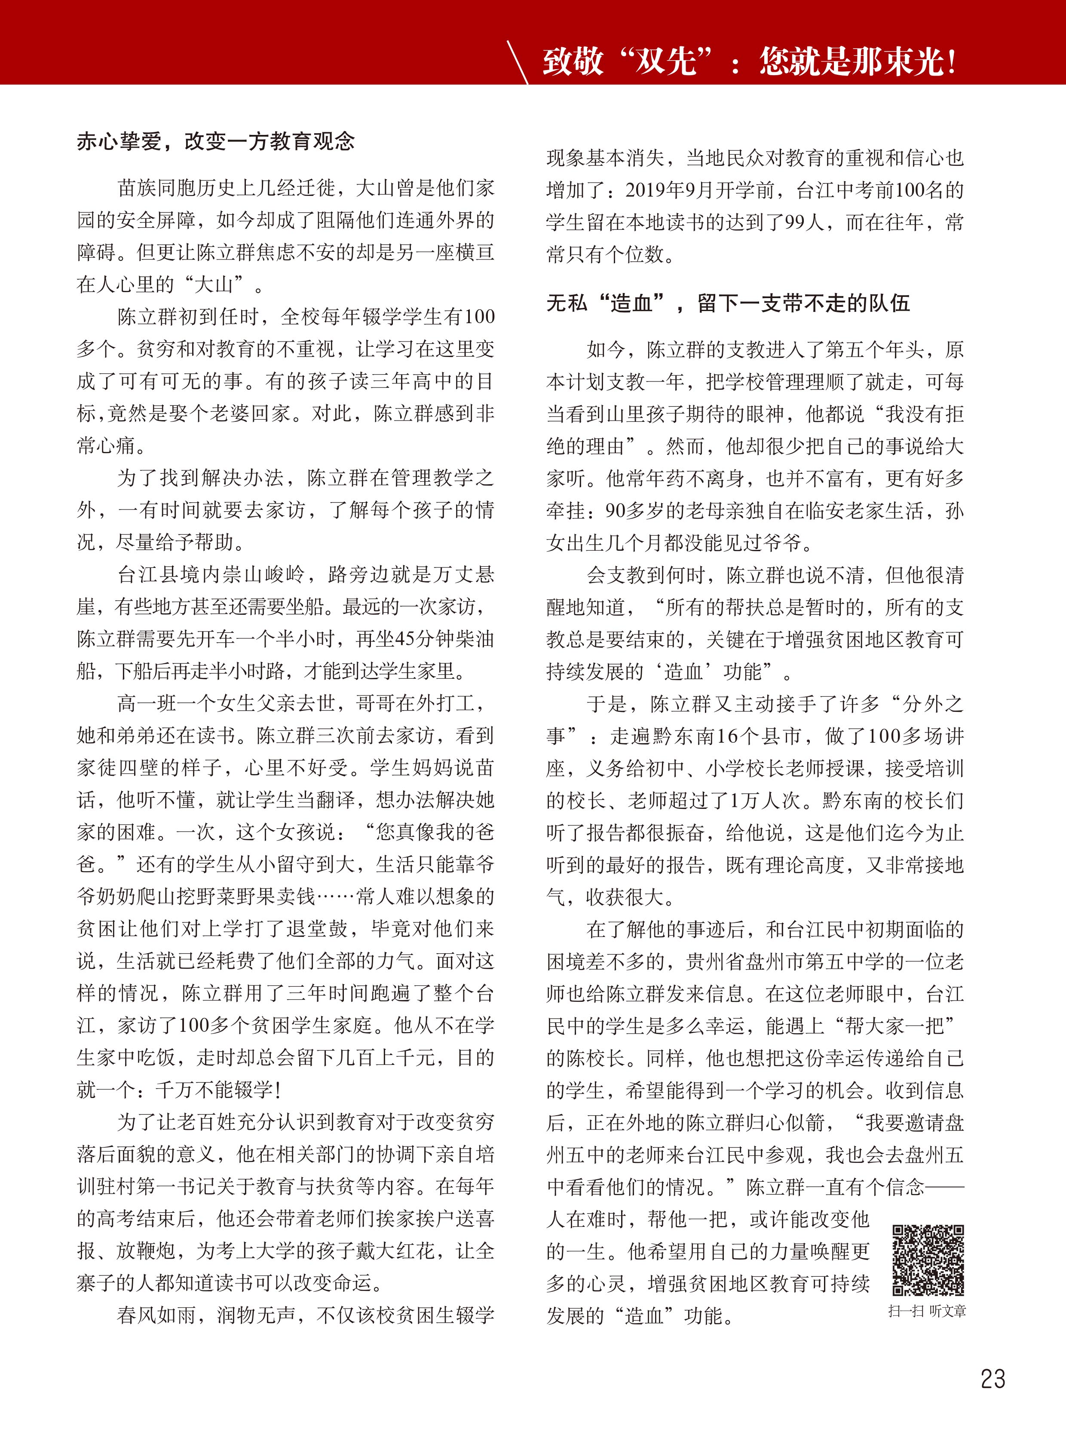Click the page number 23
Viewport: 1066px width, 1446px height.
pyautogui.click(x=992, y=1379)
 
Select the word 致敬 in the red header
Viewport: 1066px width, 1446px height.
pyautogui.click(x=573, y=62)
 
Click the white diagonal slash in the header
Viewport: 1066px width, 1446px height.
pyautogui.click(x=518, y=62)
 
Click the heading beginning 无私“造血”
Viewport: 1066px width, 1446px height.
pyautogui.click(x=728, y=302)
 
